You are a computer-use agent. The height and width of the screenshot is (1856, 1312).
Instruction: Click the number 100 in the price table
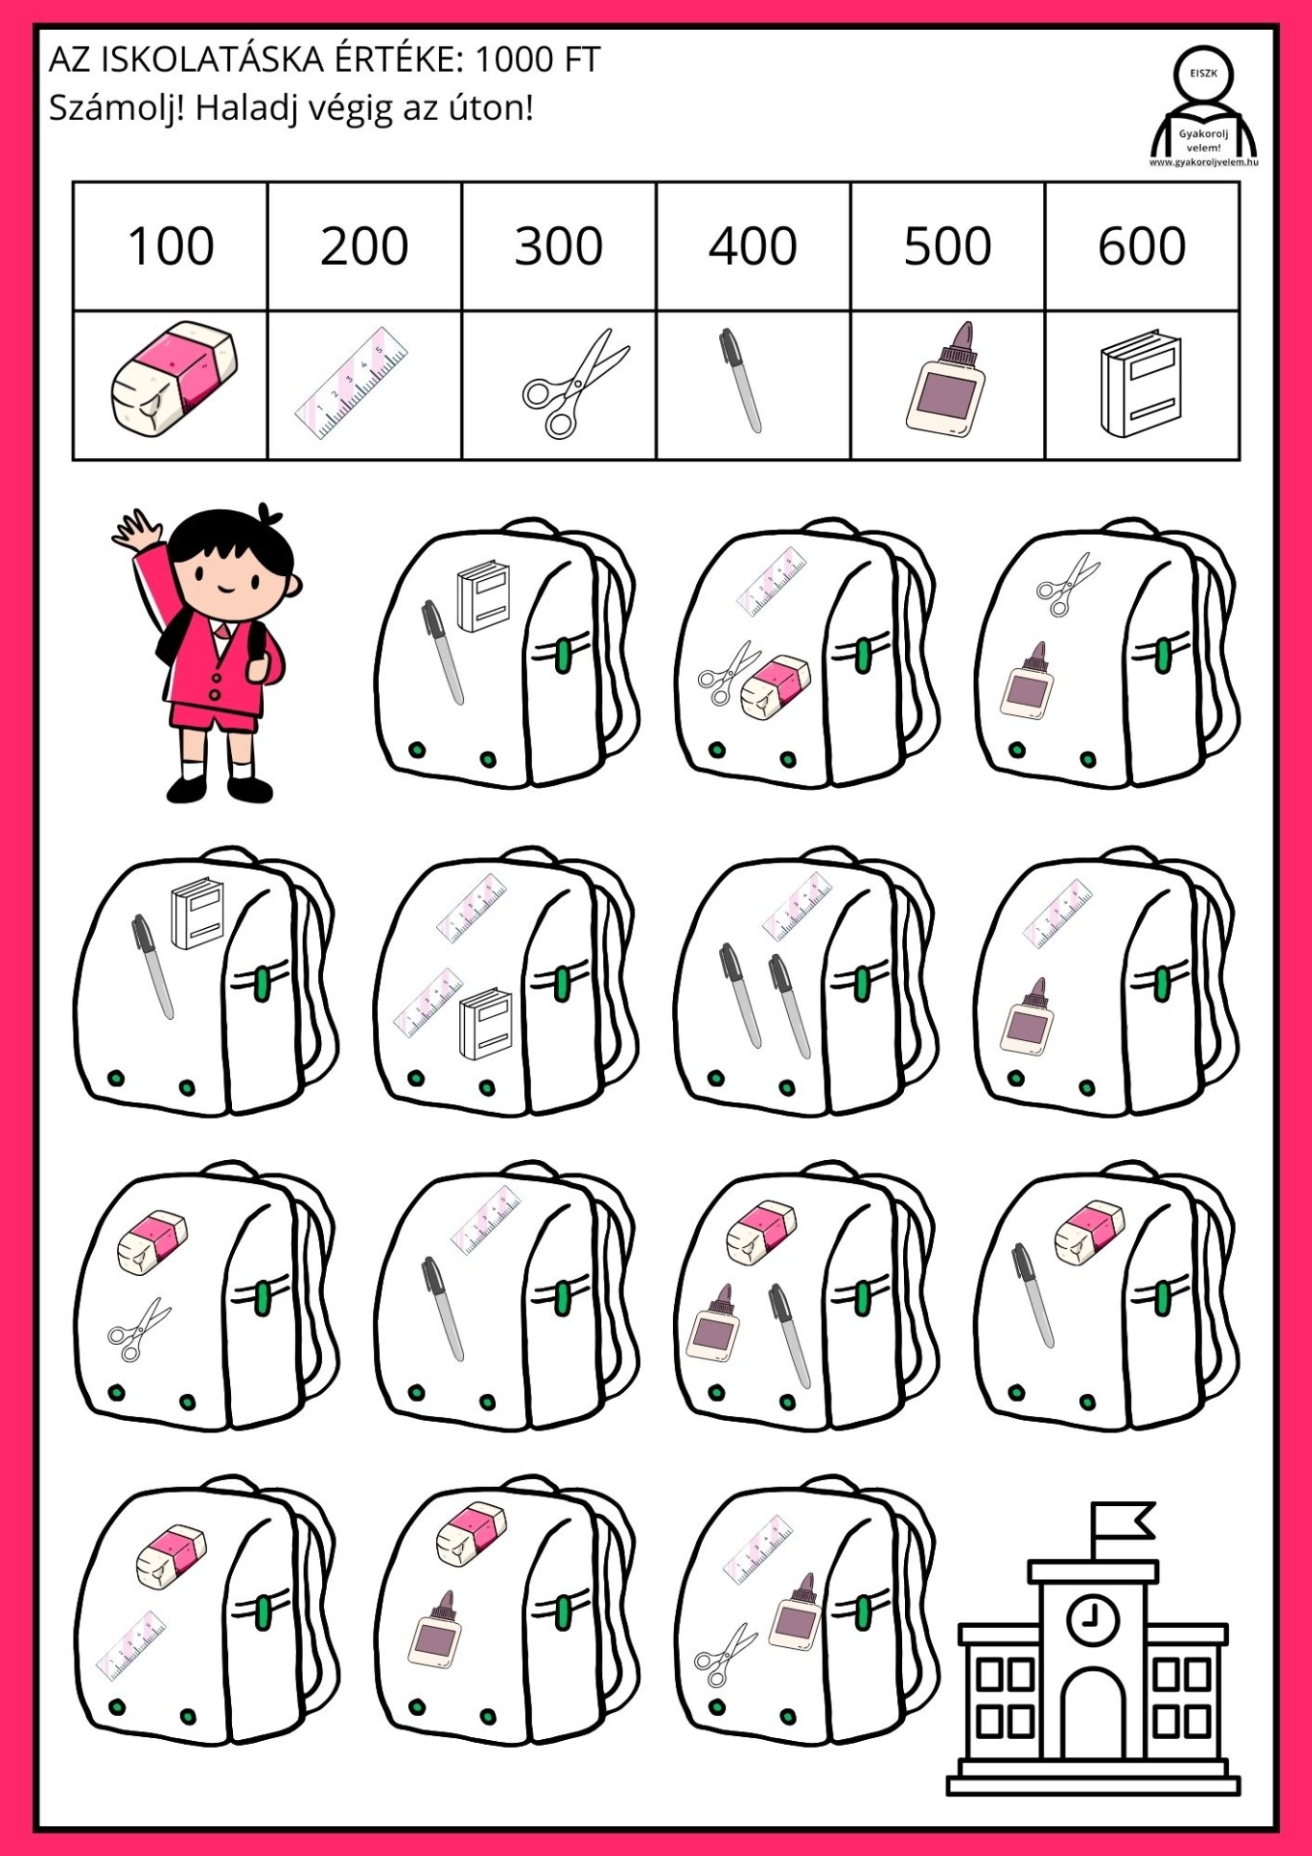click(x=170, y=246)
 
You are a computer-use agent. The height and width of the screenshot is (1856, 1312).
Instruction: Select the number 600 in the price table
click(x=1142, y=246)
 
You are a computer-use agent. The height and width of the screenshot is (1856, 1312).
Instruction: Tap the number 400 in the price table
click(x=753, y=246)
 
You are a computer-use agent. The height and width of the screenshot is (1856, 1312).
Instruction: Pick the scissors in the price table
click(x=574, y=383)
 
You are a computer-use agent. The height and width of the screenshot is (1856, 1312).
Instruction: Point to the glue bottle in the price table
click(x=946, y=378)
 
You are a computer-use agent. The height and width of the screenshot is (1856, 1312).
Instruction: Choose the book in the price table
click(x=1141, y=383)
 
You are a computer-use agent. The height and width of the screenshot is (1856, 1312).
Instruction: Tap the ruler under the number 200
click(x=351, y=384)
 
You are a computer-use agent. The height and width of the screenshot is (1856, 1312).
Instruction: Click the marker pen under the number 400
click(x=741, y=380)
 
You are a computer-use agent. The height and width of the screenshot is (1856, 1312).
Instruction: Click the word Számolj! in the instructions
click(x=116, y=107)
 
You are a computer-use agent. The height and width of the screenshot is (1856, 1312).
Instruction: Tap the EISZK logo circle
click(x=1204, y=73)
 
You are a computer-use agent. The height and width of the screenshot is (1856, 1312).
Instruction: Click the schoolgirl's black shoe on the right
click(x=249, y=788)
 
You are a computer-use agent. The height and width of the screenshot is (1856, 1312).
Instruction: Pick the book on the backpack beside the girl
click(x=483, y=595)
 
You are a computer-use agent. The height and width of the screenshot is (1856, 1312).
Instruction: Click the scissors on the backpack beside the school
click(x=725, y=1654)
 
